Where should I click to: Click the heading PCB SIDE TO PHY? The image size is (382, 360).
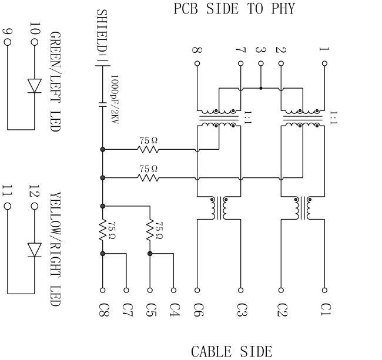tap(234, 9)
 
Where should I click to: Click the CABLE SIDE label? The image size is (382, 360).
tap(232, 351)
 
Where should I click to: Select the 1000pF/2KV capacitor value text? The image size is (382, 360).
tap(115, 102)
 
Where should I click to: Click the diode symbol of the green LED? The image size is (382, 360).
tap(35, 85)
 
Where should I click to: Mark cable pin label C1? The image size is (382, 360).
tap(324, 308)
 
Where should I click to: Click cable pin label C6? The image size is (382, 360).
tap(197, 308)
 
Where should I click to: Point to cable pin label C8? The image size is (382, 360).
tap(103, 308)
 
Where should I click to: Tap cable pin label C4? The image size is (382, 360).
tap(173, 308)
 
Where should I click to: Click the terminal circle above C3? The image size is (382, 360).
tap(240, 290)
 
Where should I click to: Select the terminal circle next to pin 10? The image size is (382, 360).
tap(35, 43)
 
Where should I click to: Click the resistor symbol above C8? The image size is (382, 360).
tap(103, 230)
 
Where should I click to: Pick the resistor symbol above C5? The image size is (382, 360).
tap(150, 230)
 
